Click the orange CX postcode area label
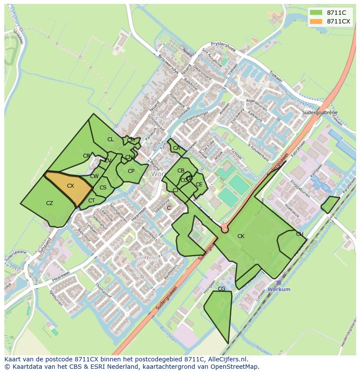(70, 186)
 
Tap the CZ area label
(50, 203)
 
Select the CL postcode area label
(110, 139)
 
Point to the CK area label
(240, 236)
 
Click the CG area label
(221, 289)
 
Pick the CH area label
(300, 234)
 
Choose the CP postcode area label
(131, 171)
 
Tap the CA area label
(176, 148)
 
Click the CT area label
(91, 201)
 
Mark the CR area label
(87, 156)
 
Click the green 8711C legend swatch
(316, 13)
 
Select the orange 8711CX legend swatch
(316, 21)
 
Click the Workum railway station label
(279, 289)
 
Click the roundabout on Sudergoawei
(225, 228)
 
